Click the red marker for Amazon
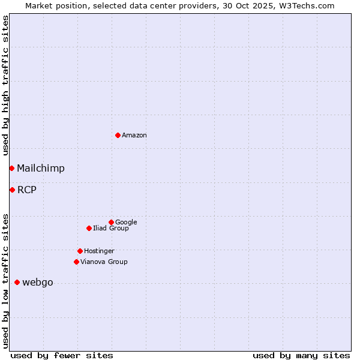click(118, 135)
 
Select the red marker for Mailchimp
click(11, 168)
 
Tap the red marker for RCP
click(12, 190)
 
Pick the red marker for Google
click(111, 222)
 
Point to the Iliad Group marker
click(89, 228)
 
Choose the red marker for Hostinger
click(80, 251)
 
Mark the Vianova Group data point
click(76, 262)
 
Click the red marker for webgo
click(17, 282)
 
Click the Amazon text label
click(134, 136)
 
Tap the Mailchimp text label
click(41, 169)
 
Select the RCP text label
click(27, 190)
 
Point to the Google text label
click(126, 223)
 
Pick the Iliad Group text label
click(111, 229)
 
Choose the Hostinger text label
click(99, 251)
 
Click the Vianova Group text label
click(104, 262)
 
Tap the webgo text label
click(38, 283)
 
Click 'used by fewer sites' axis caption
click(62, 355)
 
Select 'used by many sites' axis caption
click(301, 355)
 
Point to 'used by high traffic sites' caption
click(5, 86)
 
